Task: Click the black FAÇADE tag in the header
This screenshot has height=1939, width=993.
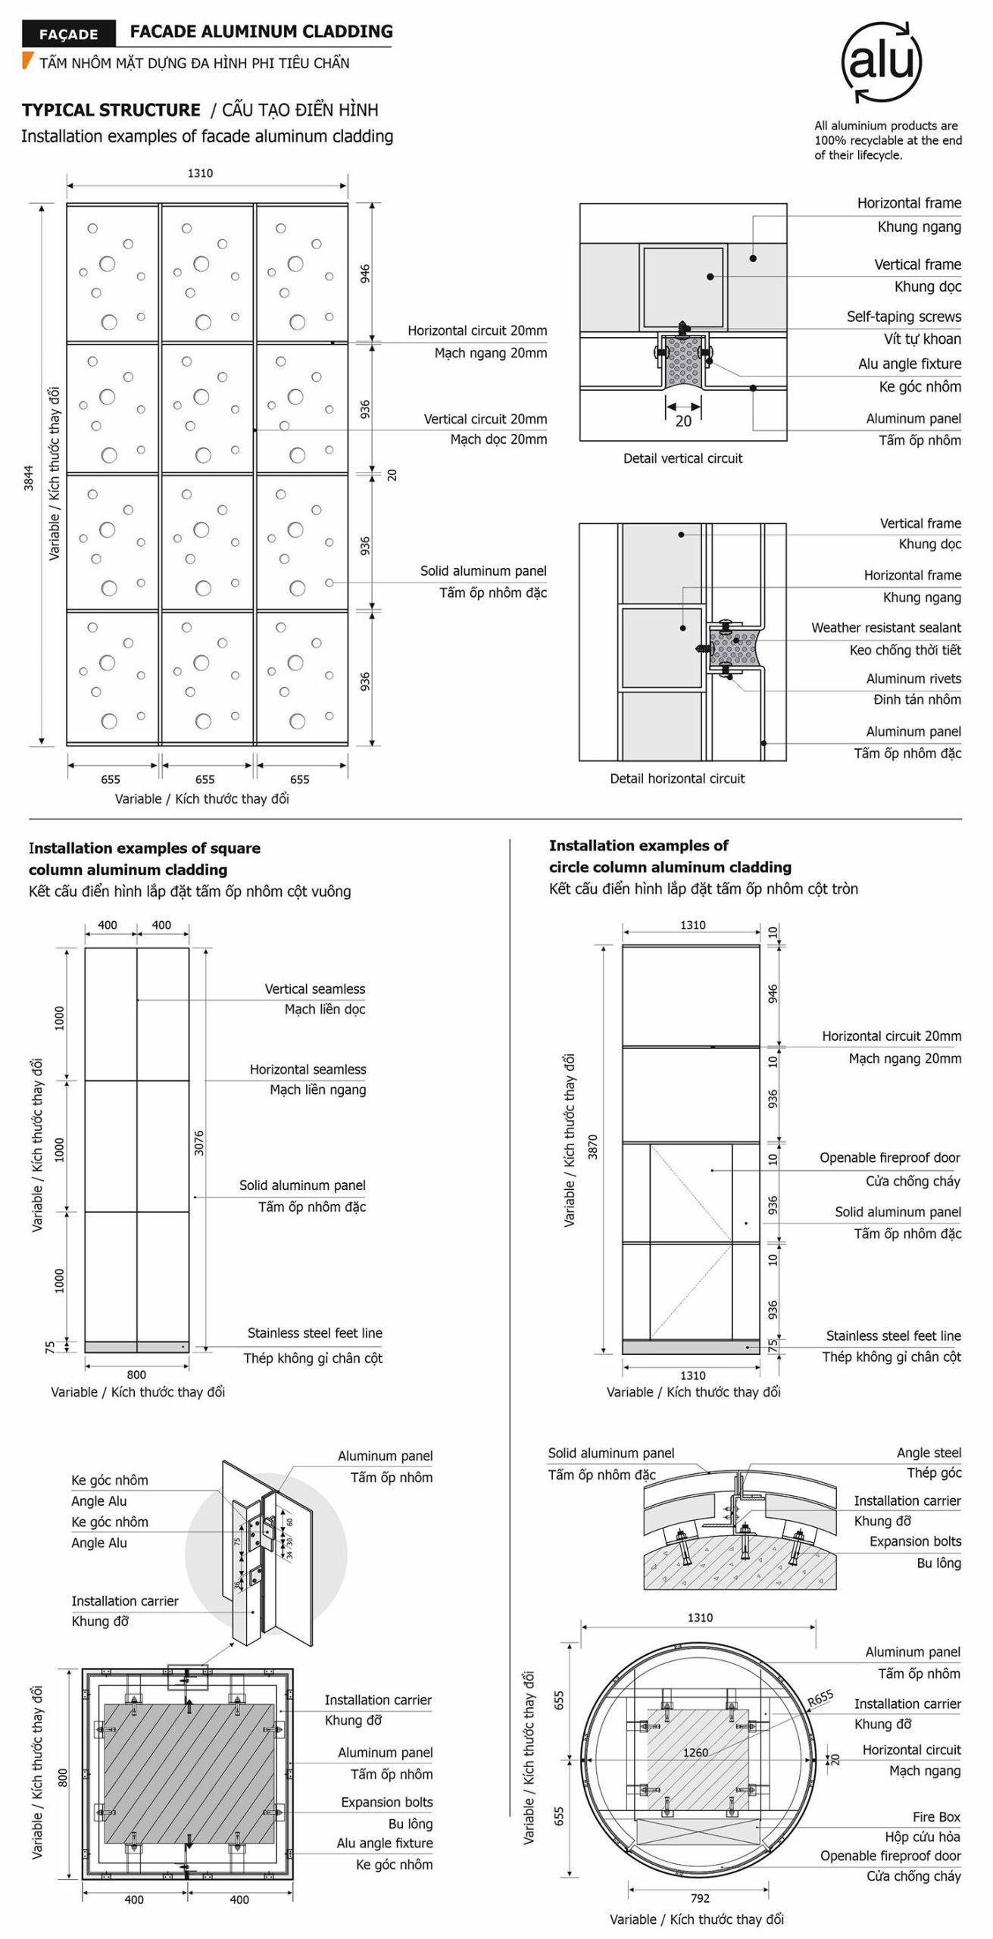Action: (x=68, y=34)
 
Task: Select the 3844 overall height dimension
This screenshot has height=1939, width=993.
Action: (x=29, y=478)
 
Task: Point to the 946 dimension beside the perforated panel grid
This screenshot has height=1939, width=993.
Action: (x=365, y=273)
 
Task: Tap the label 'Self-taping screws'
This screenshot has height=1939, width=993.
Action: (x=903, y=317)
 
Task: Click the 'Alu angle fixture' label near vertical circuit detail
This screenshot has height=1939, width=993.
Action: (x=909, y=364)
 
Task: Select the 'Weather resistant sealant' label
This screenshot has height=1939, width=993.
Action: (x=885, y=627)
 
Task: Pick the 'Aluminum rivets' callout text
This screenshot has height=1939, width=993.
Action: (x=913, y=679)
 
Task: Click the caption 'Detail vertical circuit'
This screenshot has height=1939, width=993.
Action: (x=682, y=458)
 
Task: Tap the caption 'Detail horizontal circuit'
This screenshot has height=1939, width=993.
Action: (x=677, y=779)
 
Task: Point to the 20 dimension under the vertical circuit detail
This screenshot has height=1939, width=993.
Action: (x=683, y=421)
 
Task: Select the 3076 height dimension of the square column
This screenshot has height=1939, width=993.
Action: (x=199, y=1142)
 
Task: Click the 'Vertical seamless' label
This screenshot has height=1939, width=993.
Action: (x=314, y=988)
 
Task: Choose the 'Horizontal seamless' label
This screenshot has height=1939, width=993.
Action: (x=308, y=1069)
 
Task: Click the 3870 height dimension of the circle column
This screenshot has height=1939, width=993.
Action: (x=593, y=1147)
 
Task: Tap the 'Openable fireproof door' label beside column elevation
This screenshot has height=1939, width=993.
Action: (x=889, y=1157)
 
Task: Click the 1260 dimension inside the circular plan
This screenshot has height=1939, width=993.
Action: (x=695, y=1752)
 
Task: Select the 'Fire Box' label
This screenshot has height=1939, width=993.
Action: (x=936, y=1816)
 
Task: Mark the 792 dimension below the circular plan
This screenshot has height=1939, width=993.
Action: (x=700, y=1897)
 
